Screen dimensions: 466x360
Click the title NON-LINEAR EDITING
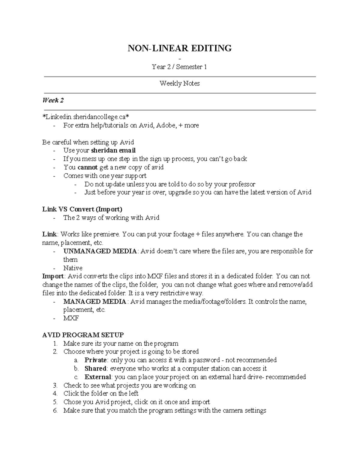pos(179,48)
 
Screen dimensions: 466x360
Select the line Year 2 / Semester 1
pos(179,67)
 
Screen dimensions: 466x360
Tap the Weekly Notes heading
pos(179,83)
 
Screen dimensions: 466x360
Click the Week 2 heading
pos(53,101)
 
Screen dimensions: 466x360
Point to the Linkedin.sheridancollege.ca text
pos(86,117)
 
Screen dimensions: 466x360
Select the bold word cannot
pos(88,167)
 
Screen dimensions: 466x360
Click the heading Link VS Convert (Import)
pos(82,209)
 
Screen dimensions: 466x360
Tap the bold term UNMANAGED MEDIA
pos(100,251)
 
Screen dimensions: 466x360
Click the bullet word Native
pos(73,268)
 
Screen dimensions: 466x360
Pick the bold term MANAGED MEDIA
pos(95,302)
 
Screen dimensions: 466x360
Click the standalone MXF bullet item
pos(71,318)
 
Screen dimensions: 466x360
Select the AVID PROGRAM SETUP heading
pos(83,335)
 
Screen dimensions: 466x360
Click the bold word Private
pos(95,360)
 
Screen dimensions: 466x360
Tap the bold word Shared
pos(95,368)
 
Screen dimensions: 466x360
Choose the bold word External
pos(98,377)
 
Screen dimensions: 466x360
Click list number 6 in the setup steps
pos(55,410)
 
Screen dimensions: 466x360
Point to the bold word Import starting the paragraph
pos(53,276)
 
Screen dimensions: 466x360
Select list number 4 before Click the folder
pos(55,394)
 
